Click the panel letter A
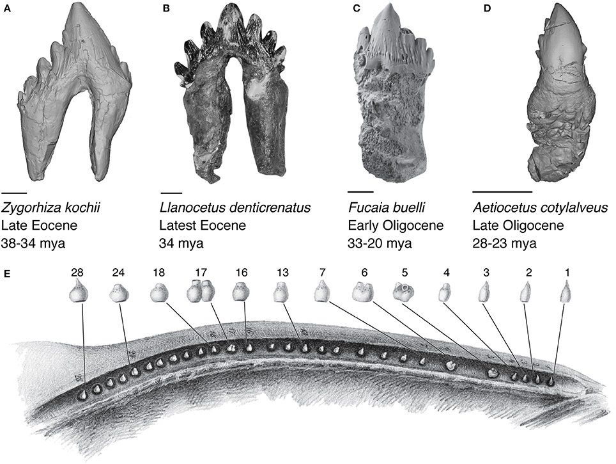6,9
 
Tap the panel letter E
6,273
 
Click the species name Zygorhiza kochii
51,207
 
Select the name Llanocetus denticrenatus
235,207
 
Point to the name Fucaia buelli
387,207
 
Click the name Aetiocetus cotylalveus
540,207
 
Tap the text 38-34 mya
33,243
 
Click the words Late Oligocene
518,225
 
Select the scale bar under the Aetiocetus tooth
502,192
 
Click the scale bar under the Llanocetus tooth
172,193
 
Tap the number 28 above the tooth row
77,272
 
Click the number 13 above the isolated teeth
282,272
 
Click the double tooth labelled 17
201,292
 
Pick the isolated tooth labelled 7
322,292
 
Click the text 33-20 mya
380,243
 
